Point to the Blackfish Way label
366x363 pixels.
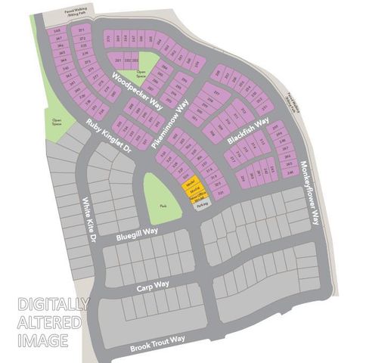[x=249, y=131]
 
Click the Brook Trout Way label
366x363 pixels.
[x=157, y=341]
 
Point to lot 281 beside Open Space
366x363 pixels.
[x=119, y=60]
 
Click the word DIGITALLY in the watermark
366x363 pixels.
[x=53, y=305]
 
